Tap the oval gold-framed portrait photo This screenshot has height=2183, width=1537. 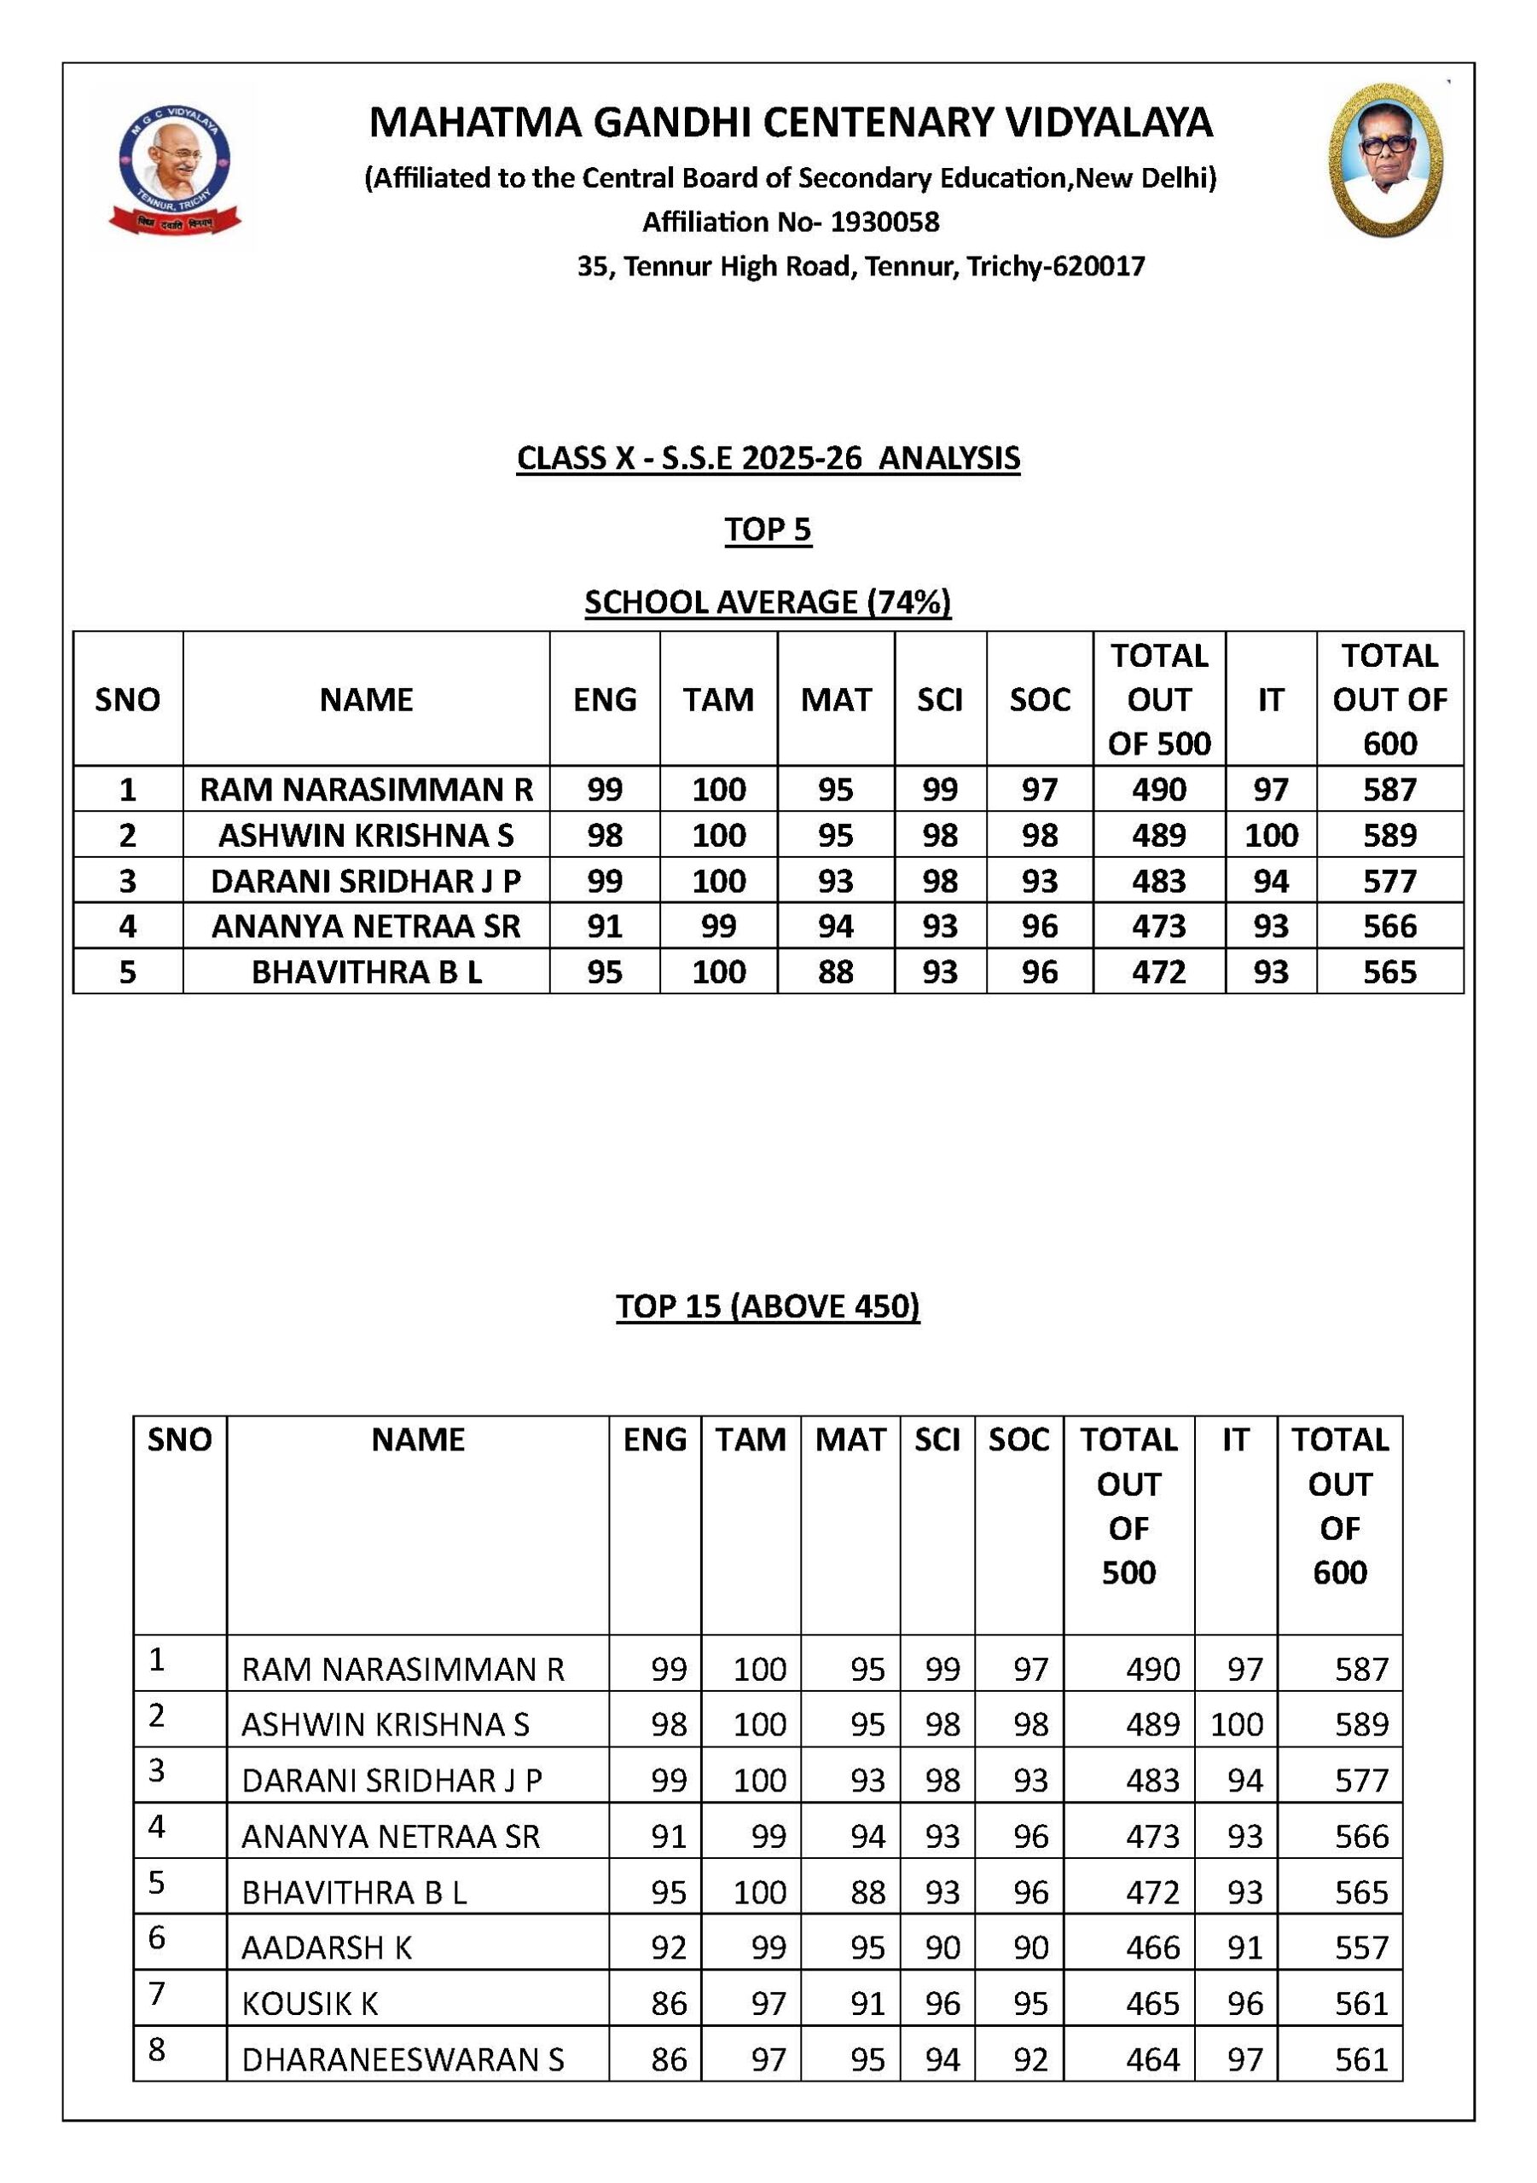coord(1385,159)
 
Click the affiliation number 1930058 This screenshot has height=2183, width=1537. coord(884,223)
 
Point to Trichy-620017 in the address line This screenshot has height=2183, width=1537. coord(1055,266)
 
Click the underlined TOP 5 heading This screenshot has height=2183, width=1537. coord(768,530)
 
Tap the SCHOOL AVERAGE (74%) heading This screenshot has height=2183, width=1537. coord(768,603)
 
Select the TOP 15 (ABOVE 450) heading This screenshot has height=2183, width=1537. coord(768,1306)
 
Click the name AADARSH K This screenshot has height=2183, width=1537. coord(326,1948)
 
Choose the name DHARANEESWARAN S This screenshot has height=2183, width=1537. coord(403,2059)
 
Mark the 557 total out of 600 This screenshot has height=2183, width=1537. coord(1361,1948)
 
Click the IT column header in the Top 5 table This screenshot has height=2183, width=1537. coord(1270,700)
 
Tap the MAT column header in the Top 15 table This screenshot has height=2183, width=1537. coord(850,1439)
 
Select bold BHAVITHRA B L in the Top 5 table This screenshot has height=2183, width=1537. coord(366,973)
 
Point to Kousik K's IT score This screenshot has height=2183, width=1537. coord(1244,2004)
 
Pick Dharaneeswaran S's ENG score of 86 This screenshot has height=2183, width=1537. coord(669,2059)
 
